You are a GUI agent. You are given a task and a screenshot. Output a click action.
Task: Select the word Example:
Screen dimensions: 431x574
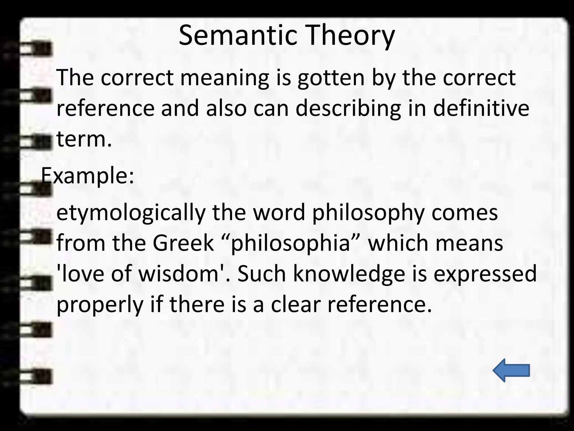(x=87, y=176)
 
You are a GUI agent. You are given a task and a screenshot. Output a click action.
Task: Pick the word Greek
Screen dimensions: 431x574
(x=183, y=243)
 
